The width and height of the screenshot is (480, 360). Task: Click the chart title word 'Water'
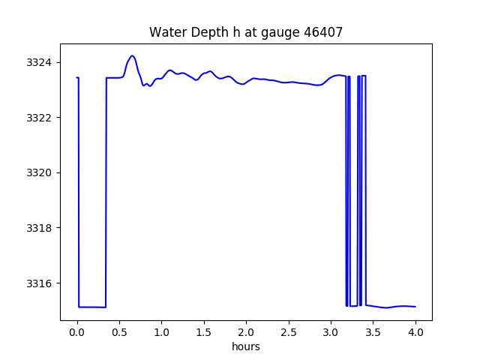click(166, 32)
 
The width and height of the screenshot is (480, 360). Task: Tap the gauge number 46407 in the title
click(320, 32)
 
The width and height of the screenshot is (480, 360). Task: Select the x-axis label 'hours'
click(246, 347)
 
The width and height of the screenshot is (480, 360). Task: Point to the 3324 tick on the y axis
click(41, 62)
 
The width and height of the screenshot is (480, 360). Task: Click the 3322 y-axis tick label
click(41, 118)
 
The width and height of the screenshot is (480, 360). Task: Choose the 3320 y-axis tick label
click(41, 172)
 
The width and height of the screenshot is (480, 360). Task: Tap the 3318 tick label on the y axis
click(41, 228)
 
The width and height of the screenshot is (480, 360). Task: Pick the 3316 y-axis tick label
click(41, 283)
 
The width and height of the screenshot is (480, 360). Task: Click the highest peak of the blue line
click(132, 55)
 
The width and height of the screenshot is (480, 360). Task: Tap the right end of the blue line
click(415, 307)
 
